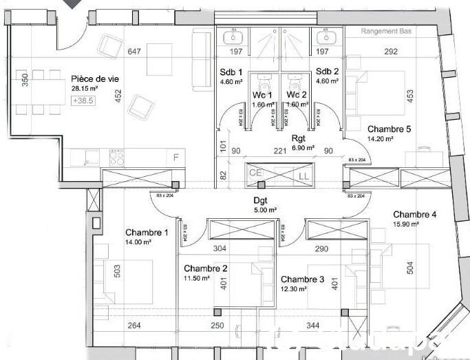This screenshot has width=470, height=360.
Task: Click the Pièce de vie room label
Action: (94, 78)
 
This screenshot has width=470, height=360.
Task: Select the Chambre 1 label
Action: (146, 233)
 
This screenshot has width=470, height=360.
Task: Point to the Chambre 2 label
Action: (205, 268)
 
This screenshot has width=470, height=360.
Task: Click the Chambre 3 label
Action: (302, 279)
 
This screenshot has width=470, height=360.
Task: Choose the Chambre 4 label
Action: (414, 214)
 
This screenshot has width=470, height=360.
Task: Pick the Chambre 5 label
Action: (389, 129)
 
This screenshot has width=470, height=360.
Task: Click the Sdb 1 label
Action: (231, 72)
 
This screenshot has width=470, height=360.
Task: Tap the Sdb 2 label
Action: (327, 72)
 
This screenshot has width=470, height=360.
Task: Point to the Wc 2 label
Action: (297, 94)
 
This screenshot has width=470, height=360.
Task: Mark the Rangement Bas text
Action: (390, 32)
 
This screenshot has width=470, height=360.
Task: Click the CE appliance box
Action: (255, 172)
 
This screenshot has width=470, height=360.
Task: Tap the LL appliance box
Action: (303, 177)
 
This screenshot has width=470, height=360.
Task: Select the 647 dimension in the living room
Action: (134, 51)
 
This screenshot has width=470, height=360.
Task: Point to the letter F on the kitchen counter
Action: (176, 158)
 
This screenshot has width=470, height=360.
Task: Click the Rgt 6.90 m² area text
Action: (302, 147)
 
